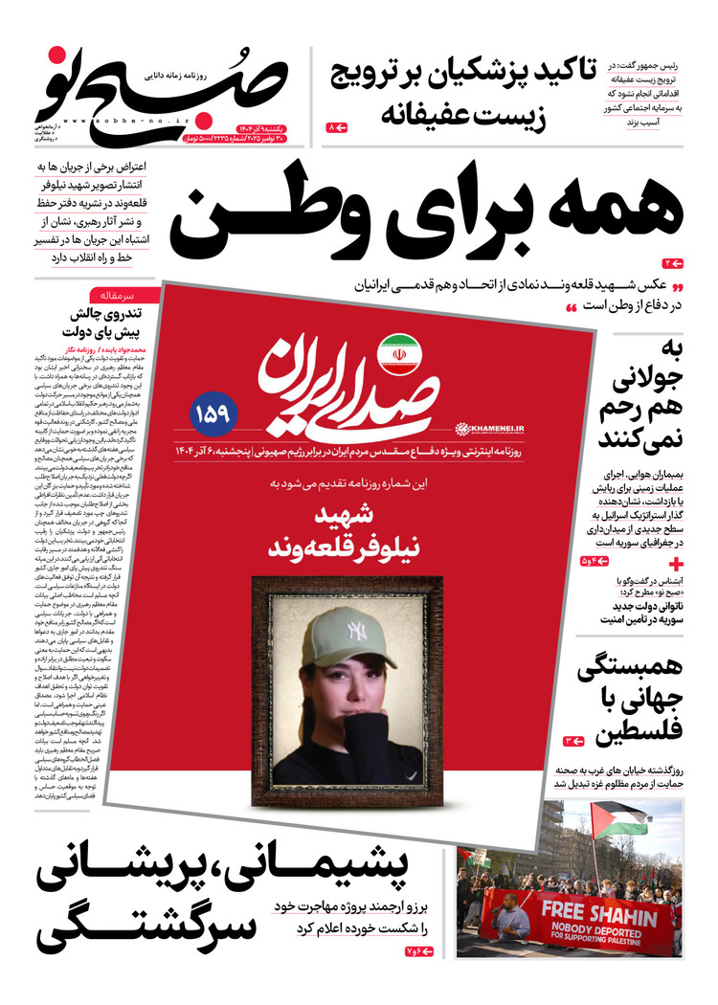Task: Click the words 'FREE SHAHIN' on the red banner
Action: (588, 907)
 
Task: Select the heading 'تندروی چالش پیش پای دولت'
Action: (101, 323)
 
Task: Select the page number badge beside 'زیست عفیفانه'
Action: (336, 126)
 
